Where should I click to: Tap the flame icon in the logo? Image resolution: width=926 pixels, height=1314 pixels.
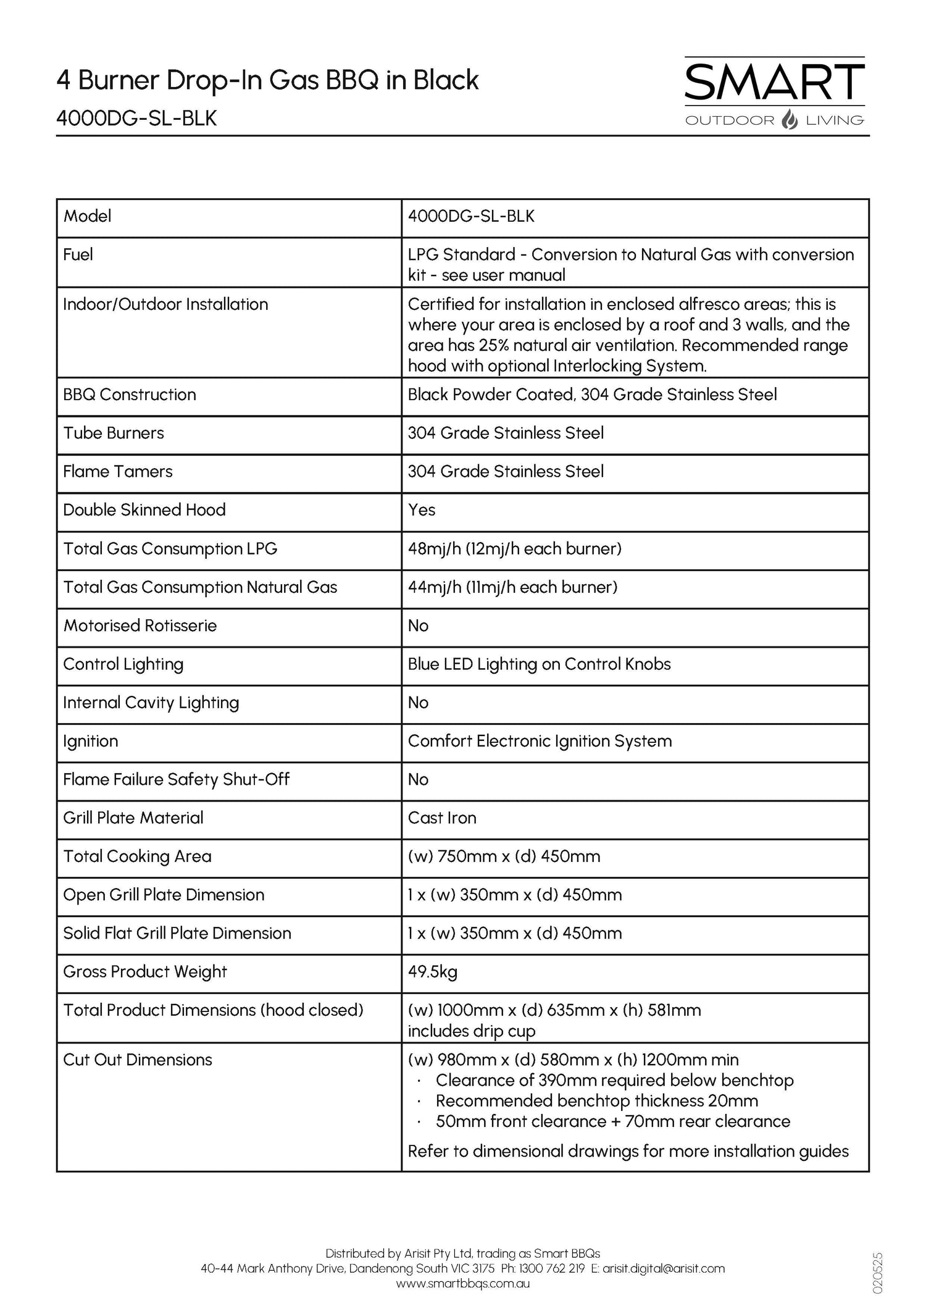coord(790,120)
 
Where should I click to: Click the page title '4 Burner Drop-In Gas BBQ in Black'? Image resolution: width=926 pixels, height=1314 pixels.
coord(267,80)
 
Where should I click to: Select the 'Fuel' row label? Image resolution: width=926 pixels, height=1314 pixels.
coord(78,254)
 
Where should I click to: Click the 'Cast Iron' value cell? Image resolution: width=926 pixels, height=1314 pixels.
coord(442,818)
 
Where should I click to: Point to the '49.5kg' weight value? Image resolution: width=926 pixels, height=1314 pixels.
coord(432,972)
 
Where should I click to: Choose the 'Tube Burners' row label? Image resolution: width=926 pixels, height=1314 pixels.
coord(114,433)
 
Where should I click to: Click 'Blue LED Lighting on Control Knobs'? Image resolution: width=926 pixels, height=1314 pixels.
coord(539,664)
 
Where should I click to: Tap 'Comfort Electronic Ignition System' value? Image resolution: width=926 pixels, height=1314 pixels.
coord(540,741)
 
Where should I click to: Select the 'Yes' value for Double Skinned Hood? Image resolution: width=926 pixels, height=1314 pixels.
coord(422,510)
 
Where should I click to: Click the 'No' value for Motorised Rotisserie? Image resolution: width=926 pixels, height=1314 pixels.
coord(418,626)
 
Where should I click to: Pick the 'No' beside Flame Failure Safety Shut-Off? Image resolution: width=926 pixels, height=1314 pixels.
coord(418,780)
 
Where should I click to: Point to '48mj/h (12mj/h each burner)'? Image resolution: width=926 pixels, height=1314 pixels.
coord(514,549)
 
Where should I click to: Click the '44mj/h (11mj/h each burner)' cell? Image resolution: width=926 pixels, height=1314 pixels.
coord(512,587)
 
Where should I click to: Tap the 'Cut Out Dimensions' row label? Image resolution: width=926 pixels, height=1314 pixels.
coord(138,1060)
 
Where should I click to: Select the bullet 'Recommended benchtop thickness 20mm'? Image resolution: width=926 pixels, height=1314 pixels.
coord(596,1101)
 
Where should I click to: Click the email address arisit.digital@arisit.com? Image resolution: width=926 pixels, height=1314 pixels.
coord(664,1268)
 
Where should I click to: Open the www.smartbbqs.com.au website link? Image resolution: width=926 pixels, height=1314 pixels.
coord(462,1283)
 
